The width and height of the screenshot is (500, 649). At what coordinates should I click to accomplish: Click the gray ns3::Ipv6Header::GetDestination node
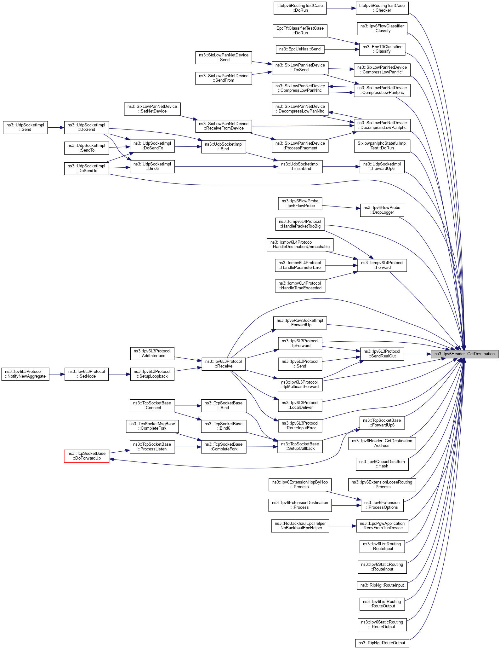coord(464,354)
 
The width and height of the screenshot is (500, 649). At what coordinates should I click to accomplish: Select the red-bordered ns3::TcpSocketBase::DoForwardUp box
coord(87,456)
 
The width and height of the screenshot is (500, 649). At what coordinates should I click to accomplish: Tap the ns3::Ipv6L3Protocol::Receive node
coord(224,364)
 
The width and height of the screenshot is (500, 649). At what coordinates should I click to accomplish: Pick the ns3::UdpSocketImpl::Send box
coord(25,127)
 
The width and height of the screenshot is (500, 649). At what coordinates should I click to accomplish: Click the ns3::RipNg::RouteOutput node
coord(382,643)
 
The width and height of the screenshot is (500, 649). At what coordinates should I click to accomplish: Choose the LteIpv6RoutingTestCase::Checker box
coord(382,8)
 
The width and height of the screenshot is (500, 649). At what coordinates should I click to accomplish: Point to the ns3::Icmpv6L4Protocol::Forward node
coord(382,265)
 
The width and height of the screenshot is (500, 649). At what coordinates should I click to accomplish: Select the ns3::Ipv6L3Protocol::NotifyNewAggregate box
coord(25,374)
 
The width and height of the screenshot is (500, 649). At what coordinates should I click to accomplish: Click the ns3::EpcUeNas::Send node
coord(300,49)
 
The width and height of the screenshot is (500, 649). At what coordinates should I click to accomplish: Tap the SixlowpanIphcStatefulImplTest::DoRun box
coord(382,146)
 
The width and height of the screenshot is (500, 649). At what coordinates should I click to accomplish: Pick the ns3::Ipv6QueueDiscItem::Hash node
coord(382,464)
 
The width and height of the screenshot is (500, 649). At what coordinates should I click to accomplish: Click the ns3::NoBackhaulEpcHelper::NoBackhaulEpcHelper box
coord(300,525)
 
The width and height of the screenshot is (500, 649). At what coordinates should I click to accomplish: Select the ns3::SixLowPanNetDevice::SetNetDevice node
coord(152,109)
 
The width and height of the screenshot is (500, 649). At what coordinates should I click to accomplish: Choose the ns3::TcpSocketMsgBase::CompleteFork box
coord(152,426)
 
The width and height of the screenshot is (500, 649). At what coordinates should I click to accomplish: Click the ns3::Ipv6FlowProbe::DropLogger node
coord(382,210)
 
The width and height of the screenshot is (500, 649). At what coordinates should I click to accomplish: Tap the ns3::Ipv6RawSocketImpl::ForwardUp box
coord(300,322)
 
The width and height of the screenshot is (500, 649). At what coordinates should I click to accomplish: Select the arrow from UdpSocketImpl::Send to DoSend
coord(56,128)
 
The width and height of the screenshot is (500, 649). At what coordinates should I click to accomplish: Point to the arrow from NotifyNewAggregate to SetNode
coord(57,374)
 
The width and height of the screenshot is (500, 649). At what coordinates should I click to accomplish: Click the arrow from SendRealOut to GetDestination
coord(418,354)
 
